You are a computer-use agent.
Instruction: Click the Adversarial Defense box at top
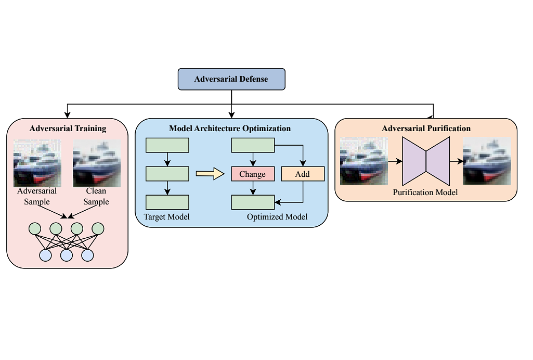pyautogui.click(x=231, y=79)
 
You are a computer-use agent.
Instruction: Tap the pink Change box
pyautogui.click(x=252, y=174)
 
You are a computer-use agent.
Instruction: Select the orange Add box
pyautogui.click(x=303, y=174)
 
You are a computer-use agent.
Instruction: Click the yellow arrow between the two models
pyautogui.click(x=210, y=174)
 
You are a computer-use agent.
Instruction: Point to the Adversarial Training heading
pyautogui.click(x=68, y=128)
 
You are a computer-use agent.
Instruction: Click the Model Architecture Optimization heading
pyautogui.click(x=230, y=128)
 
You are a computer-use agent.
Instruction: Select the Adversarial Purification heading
pyautogui.click(x=426, y=128)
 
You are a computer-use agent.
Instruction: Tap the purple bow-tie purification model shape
pyautogui.click(x=426, y=161)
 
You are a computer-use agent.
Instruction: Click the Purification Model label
pyautogui.click(x=425, y=192)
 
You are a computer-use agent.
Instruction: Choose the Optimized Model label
pyautogui.click(x=277, y=216)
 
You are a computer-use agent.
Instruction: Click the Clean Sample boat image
pyautogui.click(x=96, y=163)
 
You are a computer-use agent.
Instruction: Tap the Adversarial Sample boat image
pyautogui.click(x=37, y=163)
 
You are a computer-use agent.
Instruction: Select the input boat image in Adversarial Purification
pyautogui.click(x=363, y=161)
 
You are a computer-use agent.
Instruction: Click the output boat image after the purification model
pyautogui.click(x=487, y=161)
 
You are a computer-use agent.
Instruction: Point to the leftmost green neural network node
pyautogui.click(x=35, y=228)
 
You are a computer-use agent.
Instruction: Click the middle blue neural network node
pyautogui.click(x=67, y=255)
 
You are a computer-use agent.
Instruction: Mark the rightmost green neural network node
pyautogui.click(x=98, y=228)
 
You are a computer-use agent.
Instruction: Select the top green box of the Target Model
pyautogui.click(x=167, y=145)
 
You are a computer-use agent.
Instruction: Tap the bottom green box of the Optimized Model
pyautogui.click(x=252, y=202)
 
